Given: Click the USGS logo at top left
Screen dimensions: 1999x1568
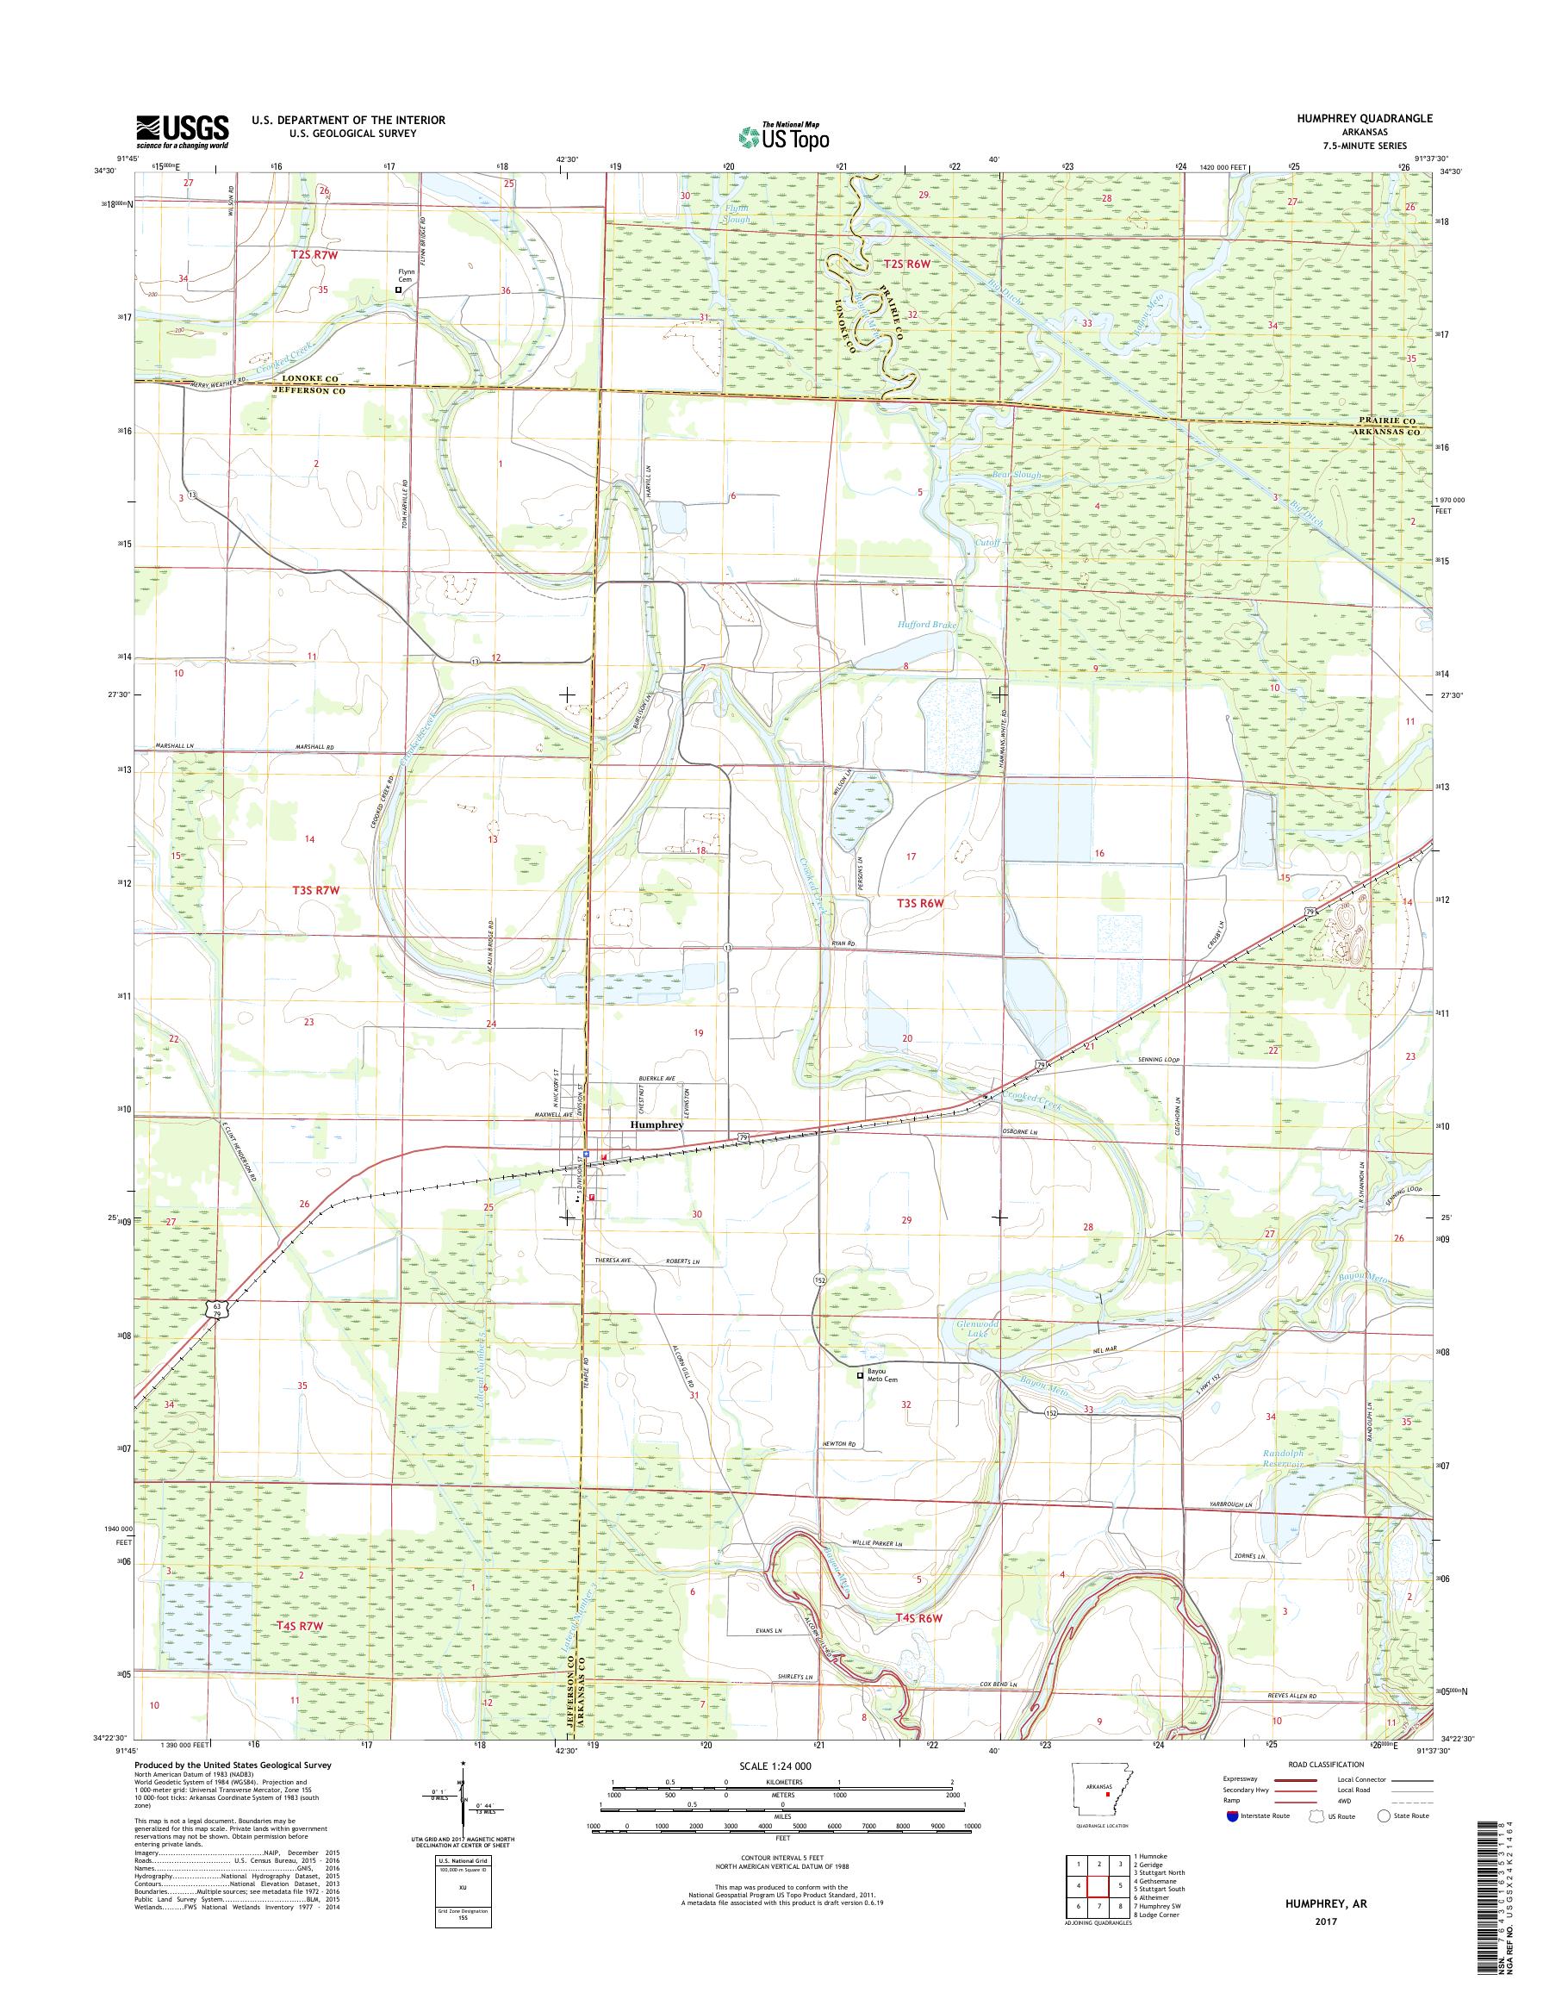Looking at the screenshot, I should pyautogui.click(x=182, y=131).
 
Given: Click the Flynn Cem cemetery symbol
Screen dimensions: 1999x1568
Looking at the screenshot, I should pyautogui.click(x=398, y=290).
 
